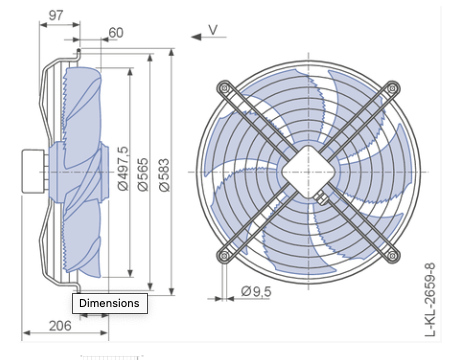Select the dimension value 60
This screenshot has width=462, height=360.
point(115,32)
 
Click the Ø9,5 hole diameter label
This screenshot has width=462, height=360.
point(258,290)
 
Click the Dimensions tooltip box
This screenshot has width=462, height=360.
point(111,302)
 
